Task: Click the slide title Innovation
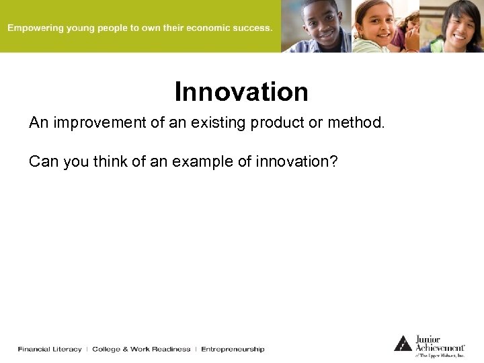point(241,92)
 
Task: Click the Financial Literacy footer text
point(50,350)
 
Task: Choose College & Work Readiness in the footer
point(141,350)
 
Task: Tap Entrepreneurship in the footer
point(233,350)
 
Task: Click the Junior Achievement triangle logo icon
point(403,343)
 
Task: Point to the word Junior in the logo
point(428,339)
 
